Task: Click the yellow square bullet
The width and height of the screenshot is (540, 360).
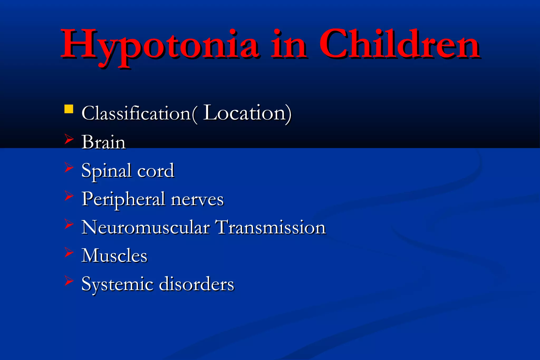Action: tap(69, 109)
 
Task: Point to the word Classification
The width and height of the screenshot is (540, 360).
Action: tap(136, 113)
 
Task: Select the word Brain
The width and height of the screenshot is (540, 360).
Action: tap(103, 142)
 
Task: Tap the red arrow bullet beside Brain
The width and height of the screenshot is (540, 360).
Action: tap(69, 139)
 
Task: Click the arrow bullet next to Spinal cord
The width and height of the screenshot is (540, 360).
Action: tap(69, 167)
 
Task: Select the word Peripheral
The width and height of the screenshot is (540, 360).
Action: tap(123, 200)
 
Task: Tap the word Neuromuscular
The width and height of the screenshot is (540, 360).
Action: tap(145, 227)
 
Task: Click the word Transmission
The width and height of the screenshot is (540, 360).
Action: tap(271, 227)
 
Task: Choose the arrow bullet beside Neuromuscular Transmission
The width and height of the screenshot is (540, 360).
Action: tap(69, 224)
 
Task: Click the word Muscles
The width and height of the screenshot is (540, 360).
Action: tap(114, 256)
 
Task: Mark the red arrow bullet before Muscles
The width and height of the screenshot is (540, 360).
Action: tap(69, 252)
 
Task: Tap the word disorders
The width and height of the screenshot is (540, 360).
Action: tap(196, 284)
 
